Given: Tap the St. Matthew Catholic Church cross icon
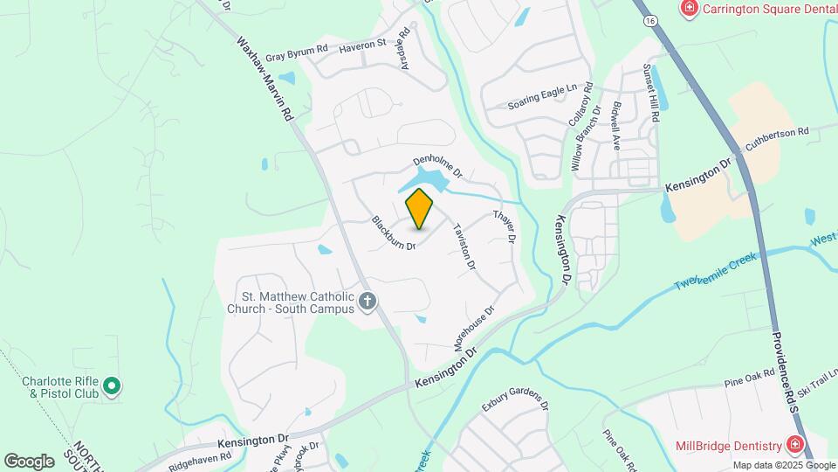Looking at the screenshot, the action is pyautogui.click(x=367, y=302).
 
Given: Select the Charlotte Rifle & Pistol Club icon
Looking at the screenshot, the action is pyautogui.click(x=112, y=385).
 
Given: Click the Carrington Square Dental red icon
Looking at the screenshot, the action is pyautogui.click(x=690, y=8).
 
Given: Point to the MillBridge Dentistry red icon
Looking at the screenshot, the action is pyautogui.click(x=794, y=444).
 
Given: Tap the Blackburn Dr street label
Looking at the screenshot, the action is pyautogui.click(x=394, y=233).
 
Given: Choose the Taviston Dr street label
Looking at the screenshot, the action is pyautogui.click(x=464, y=246).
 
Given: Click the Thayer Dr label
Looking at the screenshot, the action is pyautogui.click(x=505, y=226).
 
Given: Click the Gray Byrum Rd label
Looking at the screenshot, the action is pyautogui.click(x=297, y=52).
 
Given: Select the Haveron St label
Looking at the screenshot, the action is pyautogui.click(x=362, y=43).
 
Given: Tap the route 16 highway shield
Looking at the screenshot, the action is pyautogui.click(x=651, y=20).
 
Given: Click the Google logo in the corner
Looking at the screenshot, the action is pyautogui.click(x=29, y=461).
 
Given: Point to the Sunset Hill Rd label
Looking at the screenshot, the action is pyautogui.click(x=650, y=94).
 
